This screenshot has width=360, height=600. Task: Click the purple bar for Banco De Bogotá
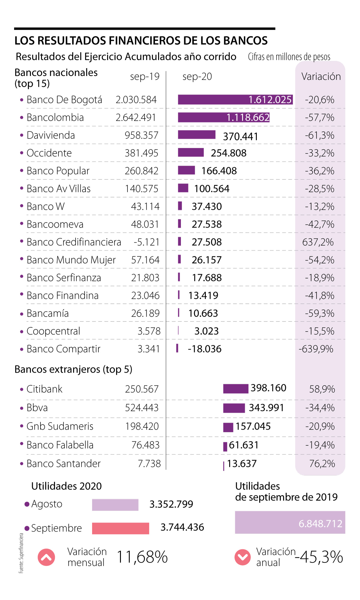213,100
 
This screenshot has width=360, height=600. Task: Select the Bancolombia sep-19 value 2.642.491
136,117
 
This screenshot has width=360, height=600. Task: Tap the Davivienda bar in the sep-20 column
196,135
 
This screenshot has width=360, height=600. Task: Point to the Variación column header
321,77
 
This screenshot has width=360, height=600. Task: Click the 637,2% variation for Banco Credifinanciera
318,242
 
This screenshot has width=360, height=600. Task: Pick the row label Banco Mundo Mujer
71,260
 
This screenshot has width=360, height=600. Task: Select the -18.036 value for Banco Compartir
205,349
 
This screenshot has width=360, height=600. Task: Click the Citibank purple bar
235,389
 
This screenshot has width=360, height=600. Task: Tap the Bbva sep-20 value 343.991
266,408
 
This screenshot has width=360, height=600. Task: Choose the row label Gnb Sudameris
60,426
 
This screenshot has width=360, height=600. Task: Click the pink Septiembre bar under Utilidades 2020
120,528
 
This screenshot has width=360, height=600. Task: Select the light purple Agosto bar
115,505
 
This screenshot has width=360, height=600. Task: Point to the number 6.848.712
320,523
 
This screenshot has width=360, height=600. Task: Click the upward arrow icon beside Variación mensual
46,557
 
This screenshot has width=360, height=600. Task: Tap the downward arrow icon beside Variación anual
242,557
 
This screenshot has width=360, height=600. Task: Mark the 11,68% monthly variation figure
142,557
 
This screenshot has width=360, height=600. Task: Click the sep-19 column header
145,77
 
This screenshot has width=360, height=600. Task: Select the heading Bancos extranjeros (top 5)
73,369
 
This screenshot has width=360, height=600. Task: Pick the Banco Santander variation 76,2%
322,463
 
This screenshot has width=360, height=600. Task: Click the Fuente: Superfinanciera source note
21,553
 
